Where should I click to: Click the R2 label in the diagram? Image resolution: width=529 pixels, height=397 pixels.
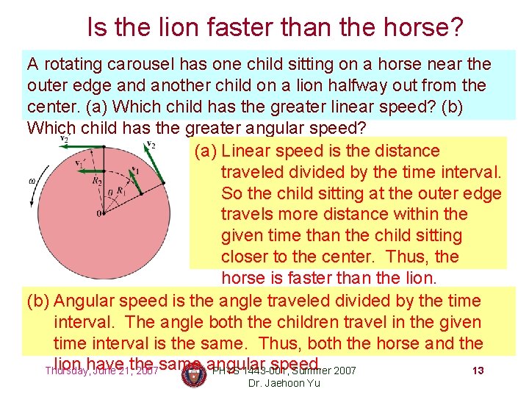pos(96,180)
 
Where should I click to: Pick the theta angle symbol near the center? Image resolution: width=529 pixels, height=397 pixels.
pos(110,193)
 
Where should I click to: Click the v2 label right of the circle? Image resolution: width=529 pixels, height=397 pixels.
pos(151,144)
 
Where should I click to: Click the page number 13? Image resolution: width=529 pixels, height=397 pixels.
pos(478,371)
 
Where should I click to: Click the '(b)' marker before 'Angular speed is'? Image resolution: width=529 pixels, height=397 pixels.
pos(38,301)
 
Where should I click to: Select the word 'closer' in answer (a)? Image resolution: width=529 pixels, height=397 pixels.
pos(248,257)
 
